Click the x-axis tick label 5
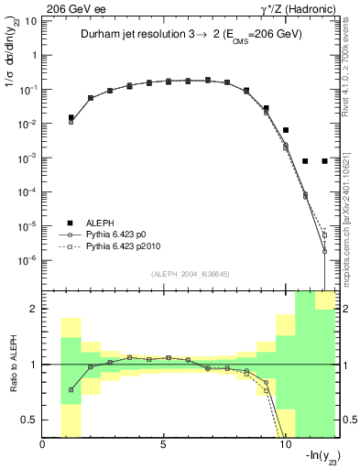[x=163, y=446]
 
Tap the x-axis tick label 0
[x=43, y=446]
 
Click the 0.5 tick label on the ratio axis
[x=28, y=420]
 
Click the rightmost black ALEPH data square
[x=324, y=161]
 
